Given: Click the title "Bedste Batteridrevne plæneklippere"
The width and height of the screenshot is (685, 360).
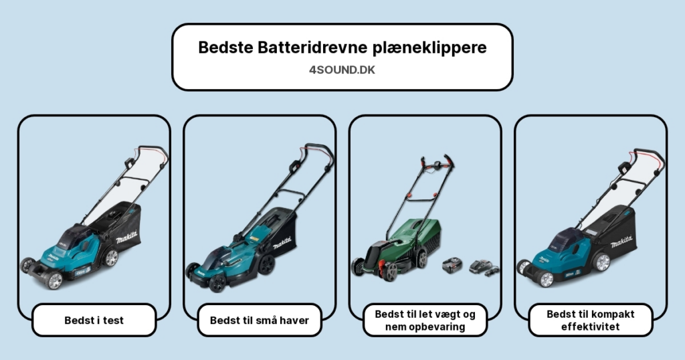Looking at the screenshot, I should pos(342,48).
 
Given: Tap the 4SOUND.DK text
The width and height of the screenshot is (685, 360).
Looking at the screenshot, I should pos(342,70).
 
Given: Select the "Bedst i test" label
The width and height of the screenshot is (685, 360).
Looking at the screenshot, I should pos(94,321).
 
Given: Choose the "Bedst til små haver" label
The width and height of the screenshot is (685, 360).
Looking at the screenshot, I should pos(260,321).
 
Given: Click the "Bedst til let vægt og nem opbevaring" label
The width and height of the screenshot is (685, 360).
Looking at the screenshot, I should pos(425,321).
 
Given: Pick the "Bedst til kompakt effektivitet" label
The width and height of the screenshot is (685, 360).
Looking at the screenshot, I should pos(590,321).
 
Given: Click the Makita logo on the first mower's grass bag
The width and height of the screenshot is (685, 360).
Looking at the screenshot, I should pos(126,239).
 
